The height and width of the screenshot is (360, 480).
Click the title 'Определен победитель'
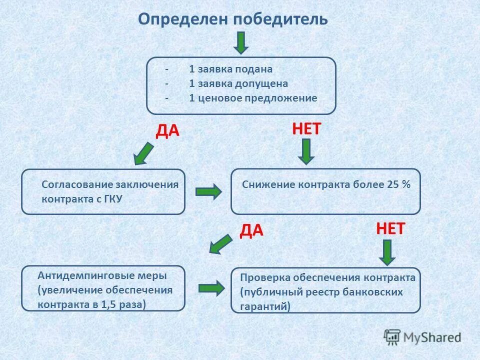coord(233,19)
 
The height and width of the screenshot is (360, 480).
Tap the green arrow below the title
coord(241,43)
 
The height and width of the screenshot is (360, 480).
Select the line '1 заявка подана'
coord(230,69)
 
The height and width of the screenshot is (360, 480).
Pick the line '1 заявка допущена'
coord(238,83)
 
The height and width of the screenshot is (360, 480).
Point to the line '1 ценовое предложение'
coord(252,98)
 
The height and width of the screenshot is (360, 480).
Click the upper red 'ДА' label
coord(167,131)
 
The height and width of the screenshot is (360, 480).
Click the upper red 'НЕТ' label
coord(306,129)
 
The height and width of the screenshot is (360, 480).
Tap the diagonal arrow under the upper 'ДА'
coord(144,153)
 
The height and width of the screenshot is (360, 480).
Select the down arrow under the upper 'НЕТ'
coord(306,151)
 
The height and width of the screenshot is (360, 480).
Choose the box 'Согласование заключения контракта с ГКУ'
coord(103,191)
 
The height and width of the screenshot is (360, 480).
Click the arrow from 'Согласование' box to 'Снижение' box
coord(208,192)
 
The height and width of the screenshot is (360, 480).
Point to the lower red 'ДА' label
coord(251,230)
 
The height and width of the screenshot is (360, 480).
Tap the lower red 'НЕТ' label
coord(390,229)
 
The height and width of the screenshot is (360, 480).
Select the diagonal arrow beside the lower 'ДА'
coord(220,245)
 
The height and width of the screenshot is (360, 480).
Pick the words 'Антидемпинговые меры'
coord(102,275)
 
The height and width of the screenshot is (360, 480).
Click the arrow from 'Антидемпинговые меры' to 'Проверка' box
coord(211,288)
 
